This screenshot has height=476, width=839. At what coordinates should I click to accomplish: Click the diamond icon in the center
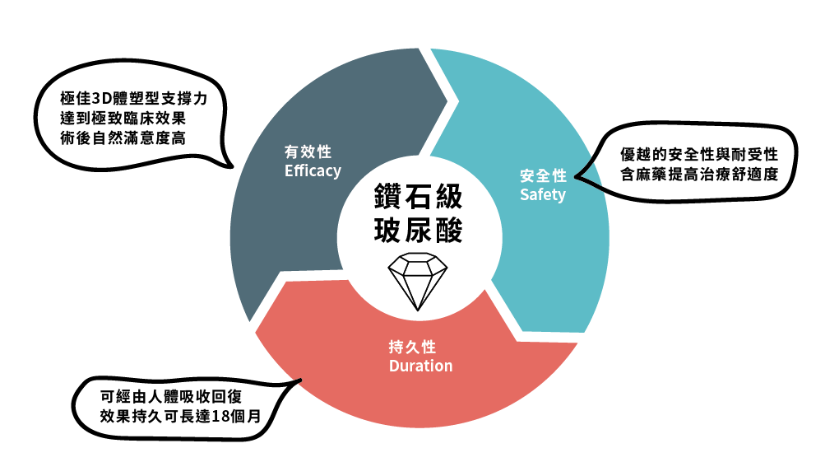(417, 282)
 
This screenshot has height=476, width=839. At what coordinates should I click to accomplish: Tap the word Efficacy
(313, 170)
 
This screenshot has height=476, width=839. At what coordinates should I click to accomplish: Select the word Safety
(543, 194)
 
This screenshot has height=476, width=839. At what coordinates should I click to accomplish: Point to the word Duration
(420, 366)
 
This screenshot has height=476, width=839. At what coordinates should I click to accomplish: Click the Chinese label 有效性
(308, 152)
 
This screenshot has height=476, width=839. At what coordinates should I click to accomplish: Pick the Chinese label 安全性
(543, 175)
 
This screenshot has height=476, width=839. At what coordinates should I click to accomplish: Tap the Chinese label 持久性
(412, 347)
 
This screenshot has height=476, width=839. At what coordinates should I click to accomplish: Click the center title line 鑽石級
(418, 197)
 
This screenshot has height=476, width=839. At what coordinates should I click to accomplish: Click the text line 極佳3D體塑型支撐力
(134, 99)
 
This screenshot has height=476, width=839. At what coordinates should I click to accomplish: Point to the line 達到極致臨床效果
(123, 119)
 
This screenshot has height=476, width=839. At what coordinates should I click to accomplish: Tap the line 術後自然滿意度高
(123, 138)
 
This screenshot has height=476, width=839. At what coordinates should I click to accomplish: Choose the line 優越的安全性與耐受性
(699, 155)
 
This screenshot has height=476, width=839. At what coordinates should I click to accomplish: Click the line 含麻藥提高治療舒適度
(699, 175)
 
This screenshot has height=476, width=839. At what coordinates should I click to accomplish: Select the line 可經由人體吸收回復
(171, 397)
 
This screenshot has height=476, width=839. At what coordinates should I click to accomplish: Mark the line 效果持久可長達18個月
(180, 417)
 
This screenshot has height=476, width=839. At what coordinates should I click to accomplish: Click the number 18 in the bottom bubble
(220, 417)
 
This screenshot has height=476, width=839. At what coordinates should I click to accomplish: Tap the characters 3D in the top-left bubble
(101, 99)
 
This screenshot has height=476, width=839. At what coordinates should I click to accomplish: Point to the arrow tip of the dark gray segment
(447, 100)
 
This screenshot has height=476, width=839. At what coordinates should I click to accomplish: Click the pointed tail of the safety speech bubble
(577, 177)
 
